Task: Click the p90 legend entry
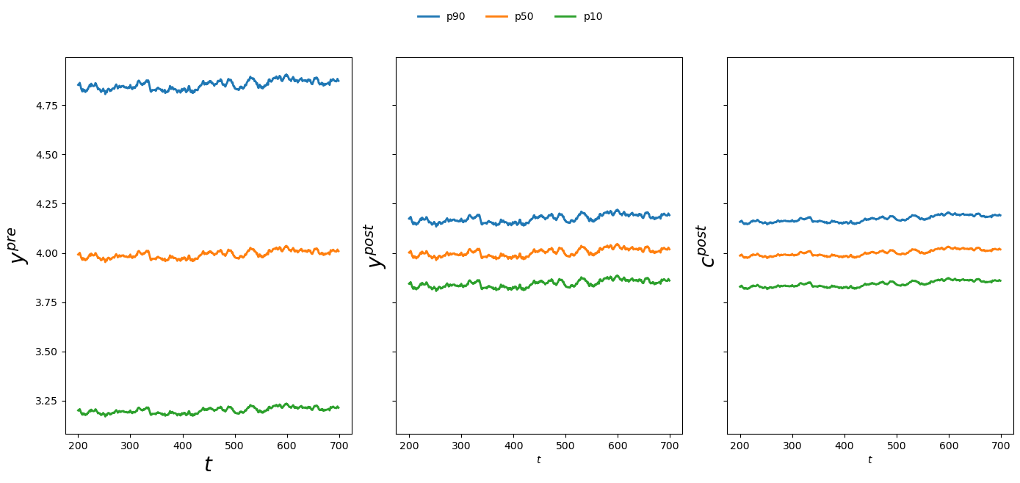click(x=441, y=17)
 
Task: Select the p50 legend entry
click(x=510, y=17)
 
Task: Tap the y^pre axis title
click(x=18, y=245)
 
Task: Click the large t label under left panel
click(x=208, y=464)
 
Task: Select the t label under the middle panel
click(x=538, y=460)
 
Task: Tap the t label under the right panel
click(x=869, y=460)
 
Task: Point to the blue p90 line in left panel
click(x=220, y=87)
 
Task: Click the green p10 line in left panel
click(x=220, y=412)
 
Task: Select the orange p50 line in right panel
click(x=881, y=253)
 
